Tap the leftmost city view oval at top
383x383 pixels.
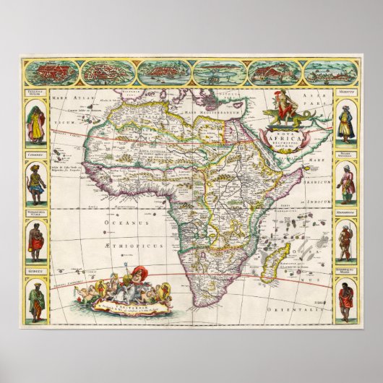(x=58, y=72)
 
